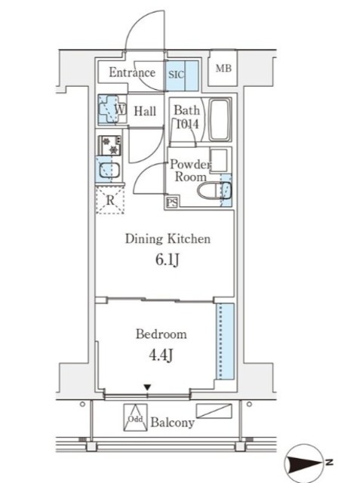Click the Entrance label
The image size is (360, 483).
coord(132,72)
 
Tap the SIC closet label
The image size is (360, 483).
coord(176,75)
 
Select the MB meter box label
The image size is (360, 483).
coord(223,68)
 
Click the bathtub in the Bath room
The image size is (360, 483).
coord(220,119)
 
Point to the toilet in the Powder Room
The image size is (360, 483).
coord(214,190)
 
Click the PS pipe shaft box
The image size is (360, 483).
coord(172,202)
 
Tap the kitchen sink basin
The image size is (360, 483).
coord(109,171)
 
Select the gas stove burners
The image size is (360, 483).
coord(109,146)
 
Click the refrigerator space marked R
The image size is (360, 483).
coord(110,200)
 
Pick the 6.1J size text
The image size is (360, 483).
coord(168,260)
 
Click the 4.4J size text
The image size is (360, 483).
coord(161,355)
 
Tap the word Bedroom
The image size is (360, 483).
coord(162,334)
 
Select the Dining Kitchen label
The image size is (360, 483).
coord(168,239)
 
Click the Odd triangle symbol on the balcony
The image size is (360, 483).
coord(136,417)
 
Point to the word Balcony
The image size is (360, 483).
coord(173,423)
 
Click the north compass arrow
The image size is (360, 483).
coord(304,463)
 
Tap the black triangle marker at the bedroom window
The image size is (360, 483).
coord(148,387)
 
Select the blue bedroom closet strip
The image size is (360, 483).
coord(225,341)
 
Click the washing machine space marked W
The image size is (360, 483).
coord(112,109)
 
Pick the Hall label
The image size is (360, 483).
coord(145,111)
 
